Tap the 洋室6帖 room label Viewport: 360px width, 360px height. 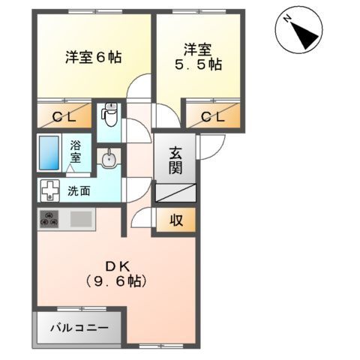(93, 56)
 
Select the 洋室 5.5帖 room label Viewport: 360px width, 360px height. (199, 57)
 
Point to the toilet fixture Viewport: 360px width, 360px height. (109, 115)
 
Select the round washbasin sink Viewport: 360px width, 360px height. (109, 158)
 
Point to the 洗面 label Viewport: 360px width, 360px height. (79, 190)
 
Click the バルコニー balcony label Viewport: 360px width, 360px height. (78, 328)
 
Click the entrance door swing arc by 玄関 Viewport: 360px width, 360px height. (208, 147)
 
